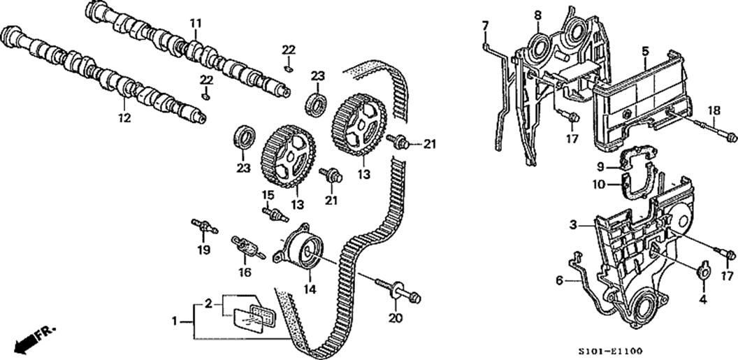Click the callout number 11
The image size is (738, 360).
tap(195, 23)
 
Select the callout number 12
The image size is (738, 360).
tap(124, 118)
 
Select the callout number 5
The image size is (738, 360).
tap(645, 50)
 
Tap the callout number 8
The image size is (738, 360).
tap(537, 15)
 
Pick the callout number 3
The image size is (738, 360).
tap(572, 225)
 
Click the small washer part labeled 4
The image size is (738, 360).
tap(703, 271)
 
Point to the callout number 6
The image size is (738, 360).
tap(559, 280)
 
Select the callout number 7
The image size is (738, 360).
tap(485, 26)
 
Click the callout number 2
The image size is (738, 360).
tap(208, 303)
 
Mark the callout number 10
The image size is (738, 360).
tap(599, 185)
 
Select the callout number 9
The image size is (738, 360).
tap(600, 167)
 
